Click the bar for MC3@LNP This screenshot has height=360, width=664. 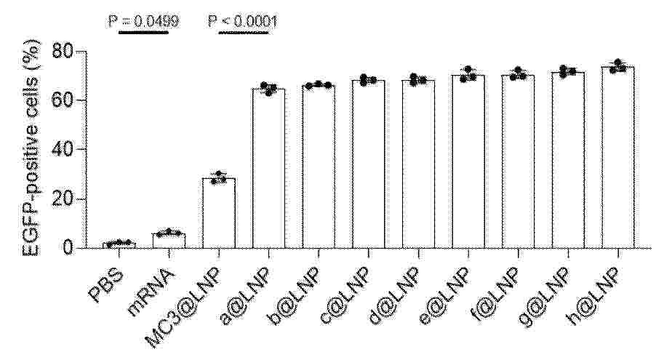point(219,213)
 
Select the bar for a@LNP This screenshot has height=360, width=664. point(268,169)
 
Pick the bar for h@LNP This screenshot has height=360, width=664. point(618,157)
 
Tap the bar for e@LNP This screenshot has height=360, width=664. point(468,161)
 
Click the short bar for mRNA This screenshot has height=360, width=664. point(169,241)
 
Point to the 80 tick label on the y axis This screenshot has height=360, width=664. point(63,51)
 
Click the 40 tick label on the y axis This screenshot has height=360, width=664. point(63,150)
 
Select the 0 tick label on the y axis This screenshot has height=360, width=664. point(68,248)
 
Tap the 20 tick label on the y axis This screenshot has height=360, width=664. point(63,199)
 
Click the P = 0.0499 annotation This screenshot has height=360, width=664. point(143,21)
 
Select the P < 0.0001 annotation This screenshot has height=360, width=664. point(243,21)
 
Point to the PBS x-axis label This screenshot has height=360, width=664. point(107,286)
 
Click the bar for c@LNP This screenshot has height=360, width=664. point(369,164)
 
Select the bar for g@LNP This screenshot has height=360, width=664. point(568,160)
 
